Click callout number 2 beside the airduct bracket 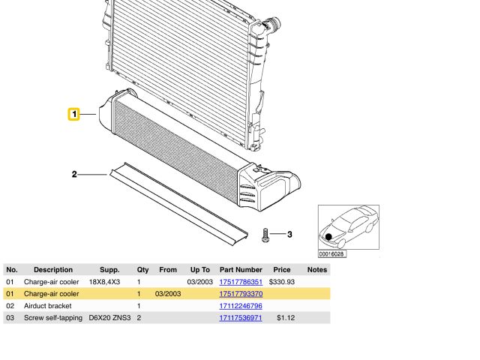(74, 175)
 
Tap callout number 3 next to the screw (289, 235)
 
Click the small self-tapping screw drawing (265, 235)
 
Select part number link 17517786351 (240, 282)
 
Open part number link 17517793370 (240, 294)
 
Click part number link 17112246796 (240, 306)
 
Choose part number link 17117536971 (240, 318)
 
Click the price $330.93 (281, 282)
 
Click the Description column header (53, 269)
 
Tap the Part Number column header (240, 269)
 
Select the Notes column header (316, 269)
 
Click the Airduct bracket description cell (48, 306)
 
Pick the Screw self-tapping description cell (53, 318)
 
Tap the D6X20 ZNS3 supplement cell (109, 318)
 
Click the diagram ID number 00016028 (332, 253)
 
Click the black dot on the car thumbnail (328, 237)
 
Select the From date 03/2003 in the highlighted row (167, 294)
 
